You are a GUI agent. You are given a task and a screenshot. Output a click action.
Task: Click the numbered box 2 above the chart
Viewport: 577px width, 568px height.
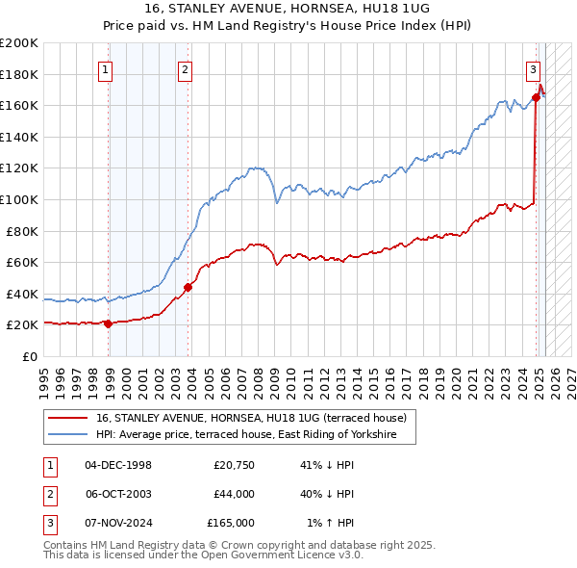[x=184, y=68]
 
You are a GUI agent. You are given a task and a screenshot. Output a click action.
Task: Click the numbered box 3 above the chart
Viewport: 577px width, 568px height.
[x=532, y=68]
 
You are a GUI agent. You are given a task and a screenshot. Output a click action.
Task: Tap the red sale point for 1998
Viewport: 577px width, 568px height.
[x=108, y=323]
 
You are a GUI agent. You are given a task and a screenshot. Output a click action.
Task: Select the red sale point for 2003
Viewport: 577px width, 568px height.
[x=188, y=287]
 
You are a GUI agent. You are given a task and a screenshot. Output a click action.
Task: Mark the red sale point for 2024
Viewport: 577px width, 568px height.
[x=536, y=97]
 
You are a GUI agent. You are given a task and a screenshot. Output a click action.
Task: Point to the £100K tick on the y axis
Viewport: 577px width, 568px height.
[x=20, y=199]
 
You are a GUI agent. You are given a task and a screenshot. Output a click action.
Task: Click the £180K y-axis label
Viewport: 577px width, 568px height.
[x=20, y=74]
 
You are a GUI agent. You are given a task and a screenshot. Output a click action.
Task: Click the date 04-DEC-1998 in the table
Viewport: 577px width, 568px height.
[x=118, y=465]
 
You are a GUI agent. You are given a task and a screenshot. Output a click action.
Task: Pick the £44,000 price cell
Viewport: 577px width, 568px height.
[x=234, y=494]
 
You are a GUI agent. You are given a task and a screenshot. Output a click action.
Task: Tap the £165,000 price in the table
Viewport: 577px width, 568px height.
[x=231, y=523]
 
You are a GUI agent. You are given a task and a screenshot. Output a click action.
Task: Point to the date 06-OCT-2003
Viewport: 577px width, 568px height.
[x=118, y=494]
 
